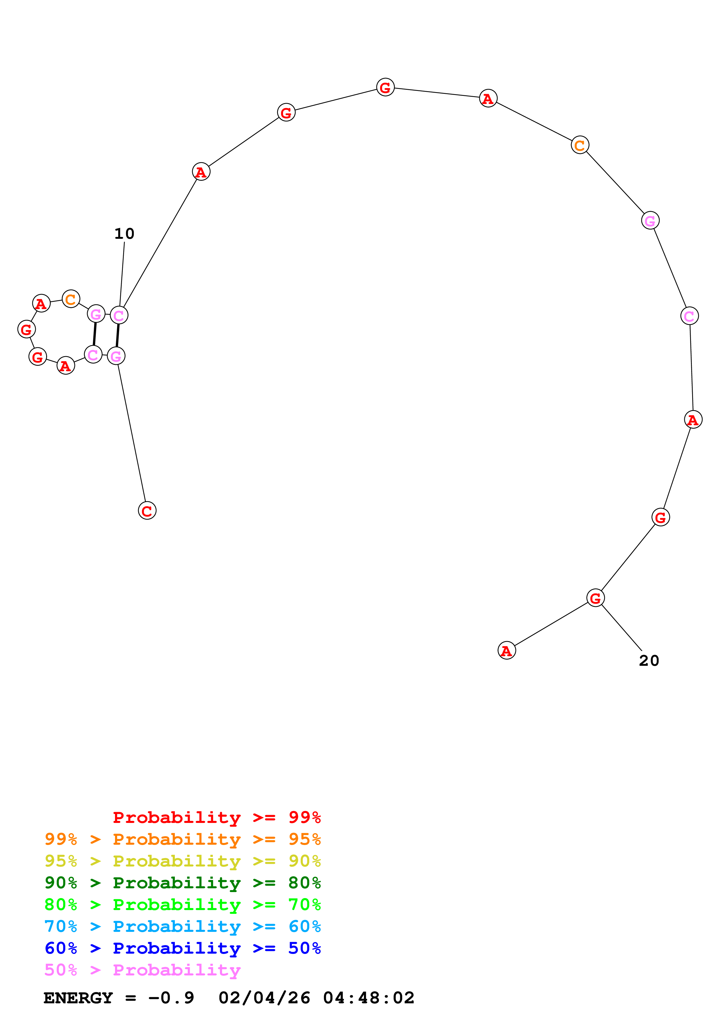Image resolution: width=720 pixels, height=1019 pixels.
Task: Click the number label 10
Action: (124, 234)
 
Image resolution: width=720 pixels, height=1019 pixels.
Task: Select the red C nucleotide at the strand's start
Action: (147, 511)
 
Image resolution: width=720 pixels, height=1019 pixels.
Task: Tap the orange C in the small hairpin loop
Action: (71, 299)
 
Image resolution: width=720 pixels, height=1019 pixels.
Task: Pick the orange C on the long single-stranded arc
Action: (580, 145)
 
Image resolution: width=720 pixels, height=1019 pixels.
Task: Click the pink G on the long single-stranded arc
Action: (650, 220)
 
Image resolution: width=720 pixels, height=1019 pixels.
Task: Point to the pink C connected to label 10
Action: (119, 315)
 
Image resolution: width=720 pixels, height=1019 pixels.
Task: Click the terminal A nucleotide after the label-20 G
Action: (507, 651)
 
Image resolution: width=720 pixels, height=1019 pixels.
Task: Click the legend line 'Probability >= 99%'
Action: (216, 817)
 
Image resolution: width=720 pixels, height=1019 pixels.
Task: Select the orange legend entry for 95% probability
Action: (182, 839)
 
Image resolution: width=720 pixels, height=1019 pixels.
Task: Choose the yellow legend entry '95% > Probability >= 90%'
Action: (182, 861)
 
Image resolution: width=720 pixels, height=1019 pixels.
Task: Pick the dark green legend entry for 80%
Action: (182, 883)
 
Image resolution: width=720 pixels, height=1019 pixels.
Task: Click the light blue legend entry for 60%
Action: (182, 926)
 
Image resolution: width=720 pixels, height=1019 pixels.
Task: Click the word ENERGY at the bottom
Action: (78, 998)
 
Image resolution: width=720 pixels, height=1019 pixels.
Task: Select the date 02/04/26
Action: (264, 998)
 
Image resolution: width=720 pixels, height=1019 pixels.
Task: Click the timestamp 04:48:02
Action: (369, 998)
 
